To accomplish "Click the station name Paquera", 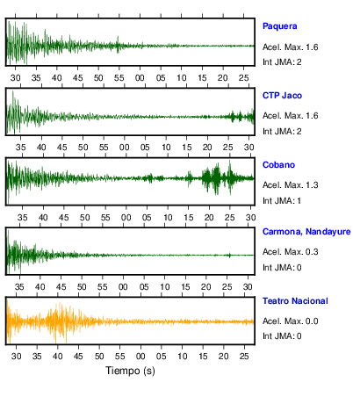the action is (279, 26).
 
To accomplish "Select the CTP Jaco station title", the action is (282, 96).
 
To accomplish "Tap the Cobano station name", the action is (278, 165).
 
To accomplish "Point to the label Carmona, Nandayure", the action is (306, 232).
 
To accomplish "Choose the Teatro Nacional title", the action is (295, 301).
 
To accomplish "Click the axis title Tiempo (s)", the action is (130, 371).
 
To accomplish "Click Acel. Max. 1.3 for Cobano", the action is (290, 185).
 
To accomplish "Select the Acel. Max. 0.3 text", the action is (290, 252).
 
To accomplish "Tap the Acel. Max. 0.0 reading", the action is (290, 321).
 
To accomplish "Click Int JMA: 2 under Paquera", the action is (282, 62).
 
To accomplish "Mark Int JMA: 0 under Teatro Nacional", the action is (282, 335).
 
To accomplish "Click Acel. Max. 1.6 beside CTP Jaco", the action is (290, 116).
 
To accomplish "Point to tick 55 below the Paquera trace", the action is (119, 78).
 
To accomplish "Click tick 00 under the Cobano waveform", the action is (126, 218).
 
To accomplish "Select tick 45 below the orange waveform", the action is (78, 357).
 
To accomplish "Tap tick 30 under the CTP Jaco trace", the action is (248, 148).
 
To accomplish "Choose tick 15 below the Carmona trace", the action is (185, 287).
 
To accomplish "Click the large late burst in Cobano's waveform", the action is (216, 178).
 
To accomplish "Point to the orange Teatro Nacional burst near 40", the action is (60, 322).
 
